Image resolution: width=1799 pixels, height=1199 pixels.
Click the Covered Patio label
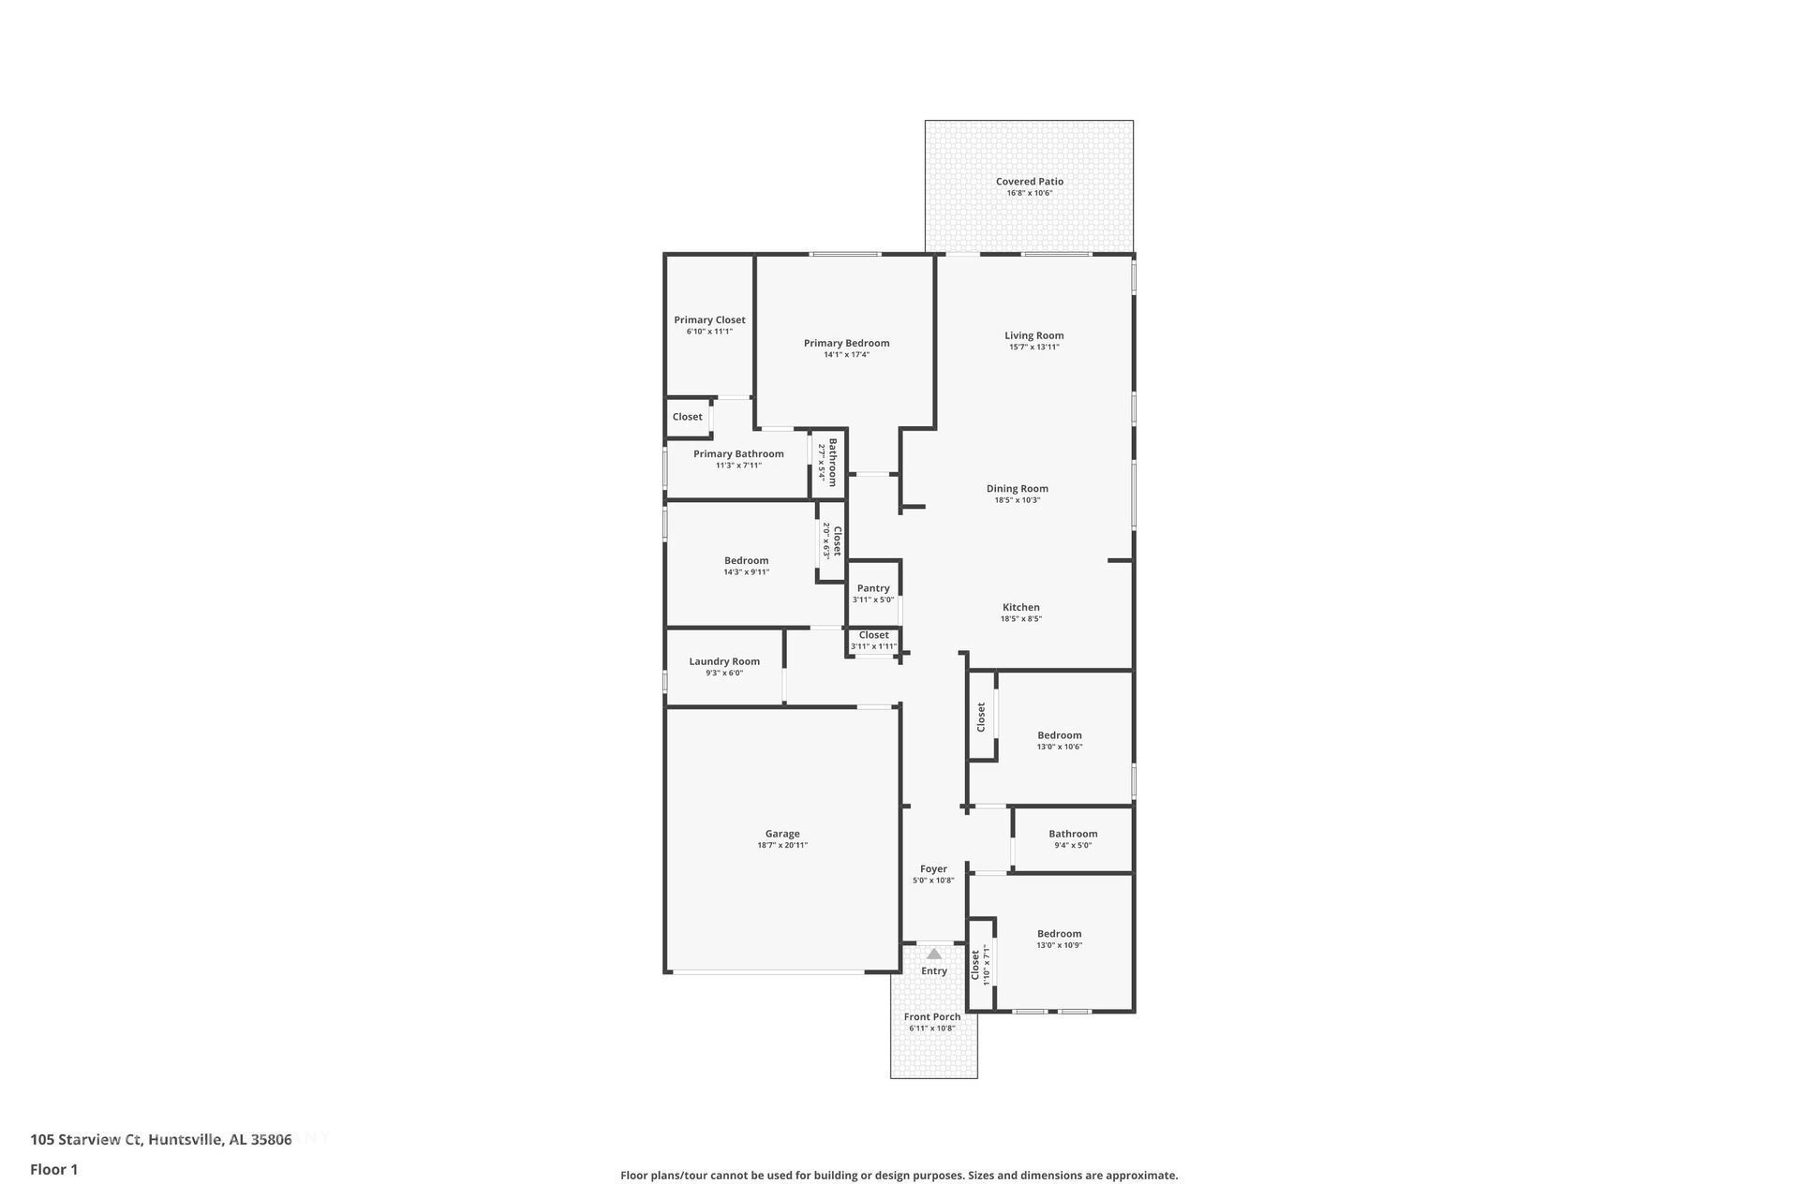tap(1029, 182)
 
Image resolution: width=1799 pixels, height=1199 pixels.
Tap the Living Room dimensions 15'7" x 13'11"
tap(1033, 348)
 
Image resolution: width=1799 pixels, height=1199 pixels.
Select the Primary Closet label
tap(709, 320)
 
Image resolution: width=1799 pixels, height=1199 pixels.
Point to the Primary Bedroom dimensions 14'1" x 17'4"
tap(846, 355)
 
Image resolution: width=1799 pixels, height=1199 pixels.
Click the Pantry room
tap(873, 592)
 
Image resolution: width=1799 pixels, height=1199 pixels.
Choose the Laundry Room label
tap(724, 661)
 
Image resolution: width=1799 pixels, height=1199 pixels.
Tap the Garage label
tap(782, 834)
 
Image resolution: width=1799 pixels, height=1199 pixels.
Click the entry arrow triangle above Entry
tap(934, 954)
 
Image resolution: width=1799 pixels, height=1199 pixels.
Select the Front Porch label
tap(932, 1017)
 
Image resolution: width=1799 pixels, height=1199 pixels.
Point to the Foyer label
tap(933, 869)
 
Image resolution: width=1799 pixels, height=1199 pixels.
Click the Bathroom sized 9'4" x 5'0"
tap(1073, 838)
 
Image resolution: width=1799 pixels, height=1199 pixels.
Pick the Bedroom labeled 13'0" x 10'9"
tap(1059, 939)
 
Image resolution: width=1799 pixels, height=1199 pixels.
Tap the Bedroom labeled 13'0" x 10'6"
tap(1059, 740)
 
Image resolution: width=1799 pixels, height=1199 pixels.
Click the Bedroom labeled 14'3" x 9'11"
tap(746, 565)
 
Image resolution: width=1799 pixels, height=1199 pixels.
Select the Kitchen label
tap(1021, 608)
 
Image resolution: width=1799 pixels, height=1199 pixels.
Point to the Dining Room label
tap(1017, 489)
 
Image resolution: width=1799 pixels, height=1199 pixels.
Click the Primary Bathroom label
tap(738, 454)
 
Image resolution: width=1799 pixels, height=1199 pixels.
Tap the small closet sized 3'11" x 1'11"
tap(873, 641)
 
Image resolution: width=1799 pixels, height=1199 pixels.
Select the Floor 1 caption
tap(53, 1169)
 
